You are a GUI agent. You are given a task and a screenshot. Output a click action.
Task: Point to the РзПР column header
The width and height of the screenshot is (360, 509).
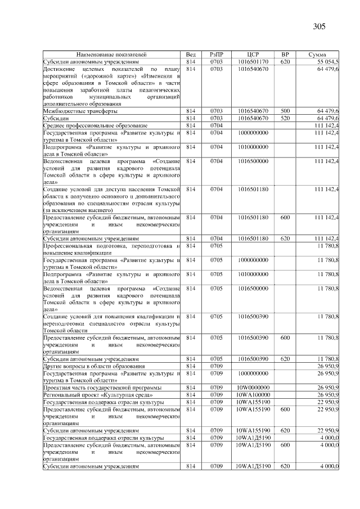[217, 54]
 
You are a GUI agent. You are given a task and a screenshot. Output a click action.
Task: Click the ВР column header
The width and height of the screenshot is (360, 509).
[285, 54]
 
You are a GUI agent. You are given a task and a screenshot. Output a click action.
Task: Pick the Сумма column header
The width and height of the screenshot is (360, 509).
[318, 54]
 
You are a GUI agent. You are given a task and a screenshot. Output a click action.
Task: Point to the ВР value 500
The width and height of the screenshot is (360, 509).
[285, 111]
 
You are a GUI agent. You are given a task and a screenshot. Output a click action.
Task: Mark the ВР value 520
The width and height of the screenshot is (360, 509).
[285, 119]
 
